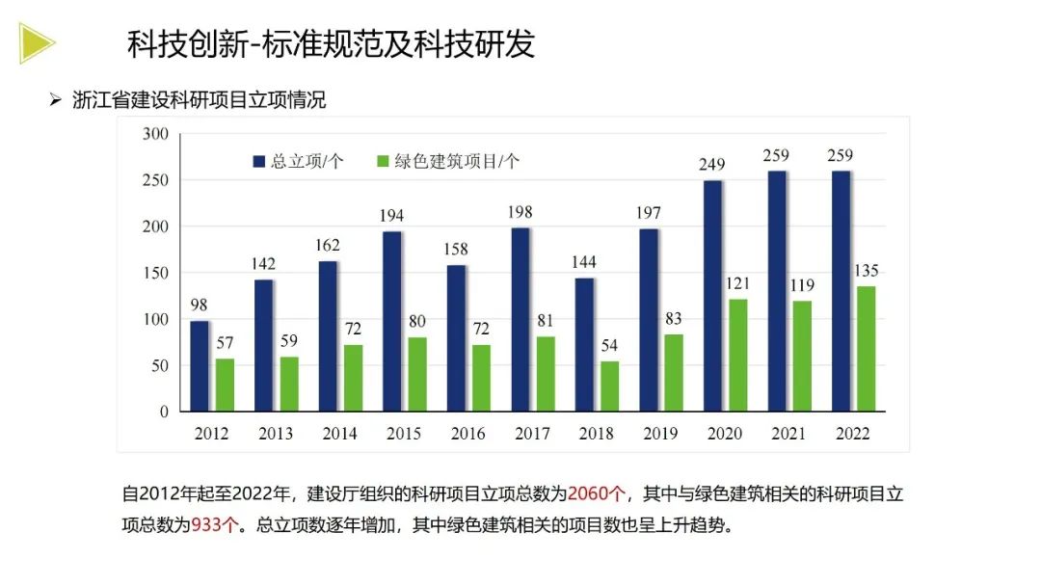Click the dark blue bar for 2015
click(x=391, y=321)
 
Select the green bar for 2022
click(x=866, y=348)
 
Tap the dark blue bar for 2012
click(x=200, y=365)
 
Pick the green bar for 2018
click(x=609, y=386)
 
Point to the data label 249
click(x=712, y=165)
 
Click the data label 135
click(x=866, y=271)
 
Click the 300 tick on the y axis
click(x=155, y=134)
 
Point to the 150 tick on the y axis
click(x=155, y=273)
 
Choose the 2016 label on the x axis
click(x=467, y=434)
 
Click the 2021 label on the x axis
click(x=788, y=434)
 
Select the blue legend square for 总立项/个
click(x=258, y=162)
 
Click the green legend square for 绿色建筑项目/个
click(x=383, y=162)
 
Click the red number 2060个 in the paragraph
click(x=597, y=494)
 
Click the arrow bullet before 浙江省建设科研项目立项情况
click(x=56, y=100)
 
